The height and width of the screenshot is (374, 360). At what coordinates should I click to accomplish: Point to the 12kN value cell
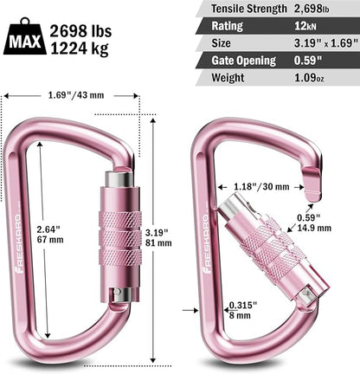312,25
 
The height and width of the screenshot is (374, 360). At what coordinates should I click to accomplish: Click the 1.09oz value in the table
315,77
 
